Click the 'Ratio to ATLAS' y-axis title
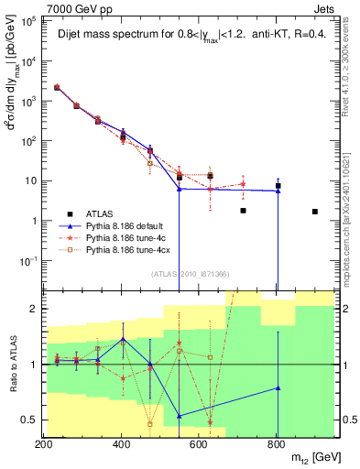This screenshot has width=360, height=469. pyautogui.click(x=12, y=364)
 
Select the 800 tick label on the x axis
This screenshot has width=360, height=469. pyautogui.click(x=278, y=443)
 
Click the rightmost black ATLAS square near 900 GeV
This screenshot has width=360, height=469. pyautogui.click(x=314, y=212)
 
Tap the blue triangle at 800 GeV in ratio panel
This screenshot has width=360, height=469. pyautogui.click(x=278, y=387)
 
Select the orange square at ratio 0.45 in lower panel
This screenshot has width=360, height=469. pyautogui.click(x=150, y=424)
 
